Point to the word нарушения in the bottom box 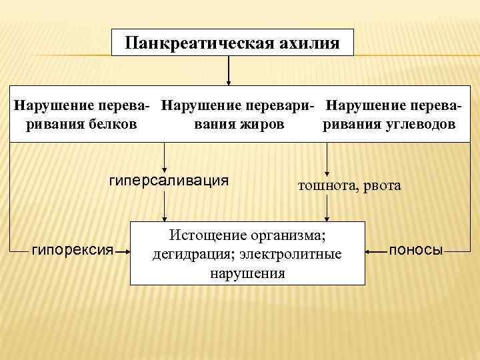coord(247,273)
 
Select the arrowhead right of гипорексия coord(127,251)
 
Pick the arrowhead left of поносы coord(369,251)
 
